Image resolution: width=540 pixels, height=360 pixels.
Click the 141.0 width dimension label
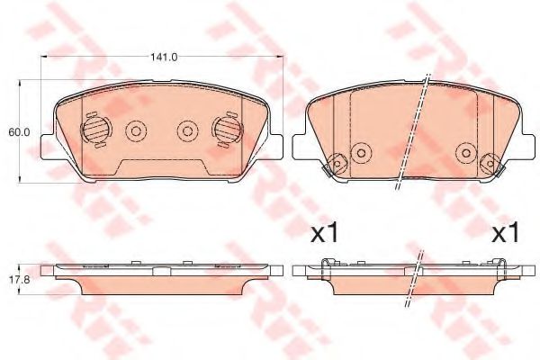tap(162, 58)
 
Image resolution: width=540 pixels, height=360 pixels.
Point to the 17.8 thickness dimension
tap(20, 279)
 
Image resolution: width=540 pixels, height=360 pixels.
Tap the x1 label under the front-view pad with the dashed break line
tap(323, 235)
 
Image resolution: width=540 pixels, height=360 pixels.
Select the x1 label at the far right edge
tap(507, 235)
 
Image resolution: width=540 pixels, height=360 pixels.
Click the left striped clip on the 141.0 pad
tap(93, 130)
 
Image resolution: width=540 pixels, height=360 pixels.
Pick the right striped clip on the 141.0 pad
tap(223, 130)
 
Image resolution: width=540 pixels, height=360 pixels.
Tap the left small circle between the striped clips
tap(137, 130)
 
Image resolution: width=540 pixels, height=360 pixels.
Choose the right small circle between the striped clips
tap(186, 130)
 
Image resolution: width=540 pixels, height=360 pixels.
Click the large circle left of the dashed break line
tap(360, 150)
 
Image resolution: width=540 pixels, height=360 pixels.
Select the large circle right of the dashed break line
tap(464, 150)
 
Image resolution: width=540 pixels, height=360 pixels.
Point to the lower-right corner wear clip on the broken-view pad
tap(490, 165)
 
